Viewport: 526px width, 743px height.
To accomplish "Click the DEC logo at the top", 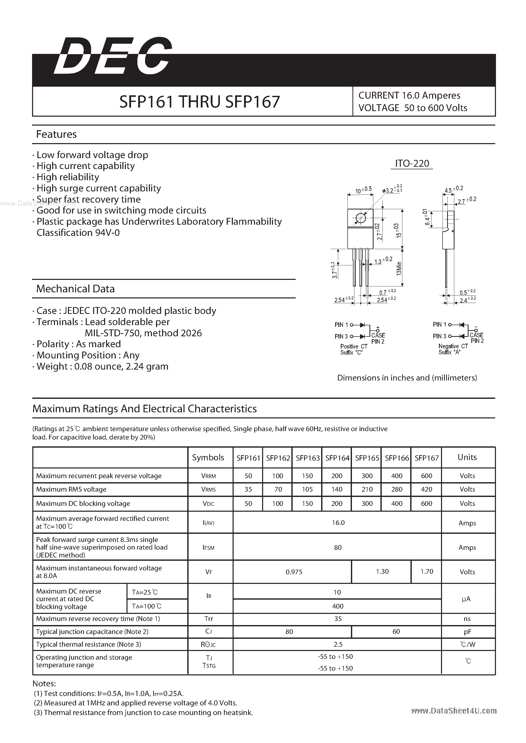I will click(112, 57).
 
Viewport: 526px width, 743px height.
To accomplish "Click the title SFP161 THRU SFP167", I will click(199, 102).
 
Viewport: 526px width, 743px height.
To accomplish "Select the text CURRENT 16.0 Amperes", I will click(409, 96).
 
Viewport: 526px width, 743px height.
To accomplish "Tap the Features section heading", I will click(56, 134).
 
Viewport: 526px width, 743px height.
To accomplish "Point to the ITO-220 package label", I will click(412, 164).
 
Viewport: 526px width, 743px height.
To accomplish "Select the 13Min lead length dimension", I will click(399, 268).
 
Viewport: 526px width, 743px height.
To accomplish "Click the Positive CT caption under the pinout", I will click(353, 346).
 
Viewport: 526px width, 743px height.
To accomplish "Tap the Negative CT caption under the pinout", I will click(453, 346).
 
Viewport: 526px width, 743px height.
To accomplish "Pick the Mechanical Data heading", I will click(76, 289).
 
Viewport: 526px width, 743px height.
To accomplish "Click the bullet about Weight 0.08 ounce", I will click(102, 366).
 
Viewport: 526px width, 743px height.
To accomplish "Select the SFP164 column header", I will click(337, 458).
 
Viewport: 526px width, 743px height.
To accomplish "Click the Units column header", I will click(467, 457).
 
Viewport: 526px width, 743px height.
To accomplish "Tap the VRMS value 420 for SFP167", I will click(426, 489).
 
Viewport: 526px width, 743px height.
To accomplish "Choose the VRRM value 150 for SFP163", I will click(307, 476).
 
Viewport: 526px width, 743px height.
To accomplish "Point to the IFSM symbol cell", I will click(209, 548).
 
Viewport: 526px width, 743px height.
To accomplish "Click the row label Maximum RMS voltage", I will click(71, 489).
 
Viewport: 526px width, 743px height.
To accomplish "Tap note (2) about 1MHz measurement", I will click(135, 703).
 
